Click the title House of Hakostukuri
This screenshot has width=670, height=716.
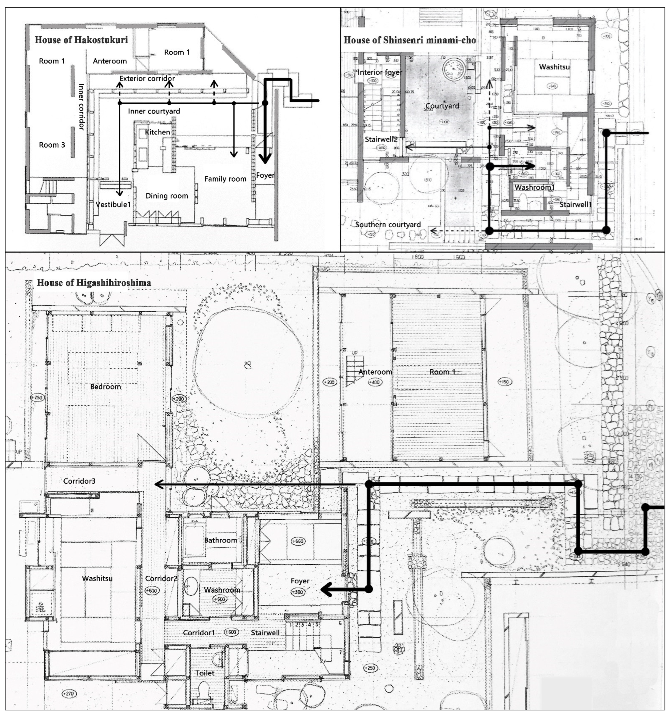[81, 40]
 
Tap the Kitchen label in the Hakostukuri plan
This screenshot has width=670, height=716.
[157, 132]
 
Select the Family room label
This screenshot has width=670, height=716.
[225, 179]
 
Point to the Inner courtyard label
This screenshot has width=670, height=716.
[154, 111]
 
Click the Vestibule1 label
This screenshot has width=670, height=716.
[113, 205]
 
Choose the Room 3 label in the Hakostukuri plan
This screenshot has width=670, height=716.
[52, 145]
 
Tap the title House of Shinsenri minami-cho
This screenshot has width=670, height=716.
[409, 40]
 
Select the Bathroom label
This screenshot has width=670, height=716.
[220, 540]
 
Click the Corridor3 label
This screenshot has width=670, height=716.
[79, 481]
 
